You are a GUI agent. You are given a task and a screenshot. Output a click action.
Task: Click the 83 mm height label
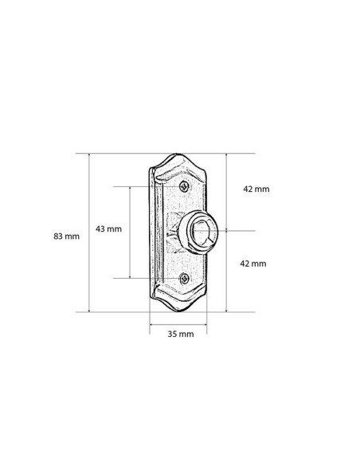click(66, 236)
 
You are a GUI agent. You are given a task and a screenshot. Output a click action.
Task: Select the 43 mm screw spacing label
click(108, 229)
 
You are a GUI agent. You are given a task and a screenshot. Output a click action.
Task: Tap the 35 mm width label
click(181, 334)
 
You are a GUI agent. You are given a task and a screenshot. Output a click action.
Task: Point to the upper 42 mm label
click(256, 189)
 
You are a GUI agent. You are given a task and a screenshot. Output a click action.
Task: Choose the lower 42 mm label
click(253, 264)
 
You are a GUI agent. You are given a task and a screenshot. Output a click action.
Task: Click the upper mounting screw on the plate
click(184, 186)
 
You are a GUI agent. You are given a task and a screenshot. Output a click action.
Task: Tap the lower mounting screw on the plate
click(185, 279)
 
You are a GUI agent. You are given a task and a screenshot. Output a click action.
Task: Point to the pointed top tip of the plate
click(177, 154)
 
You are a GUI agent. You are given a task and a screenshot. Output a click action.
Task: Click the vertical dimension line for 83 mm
click(89, 232)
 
